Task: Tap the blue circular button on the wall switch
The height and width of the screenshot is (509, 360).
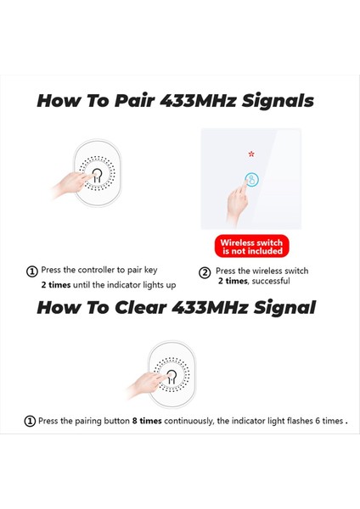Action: (251, 180)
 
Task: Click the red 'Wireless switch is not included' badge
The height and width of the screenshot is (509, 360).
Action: (250, 246)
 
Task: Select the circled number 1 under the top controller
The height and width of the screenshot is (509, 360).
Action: (32, 272)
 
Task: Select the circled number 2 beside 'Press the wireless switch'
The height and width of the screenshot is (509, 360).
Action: (205, 272)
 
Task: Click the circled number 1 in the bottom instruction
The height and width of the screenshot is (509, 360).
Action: (30, 421)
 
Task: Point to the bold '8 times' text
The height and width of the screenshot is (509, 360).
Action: (149, 421)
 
